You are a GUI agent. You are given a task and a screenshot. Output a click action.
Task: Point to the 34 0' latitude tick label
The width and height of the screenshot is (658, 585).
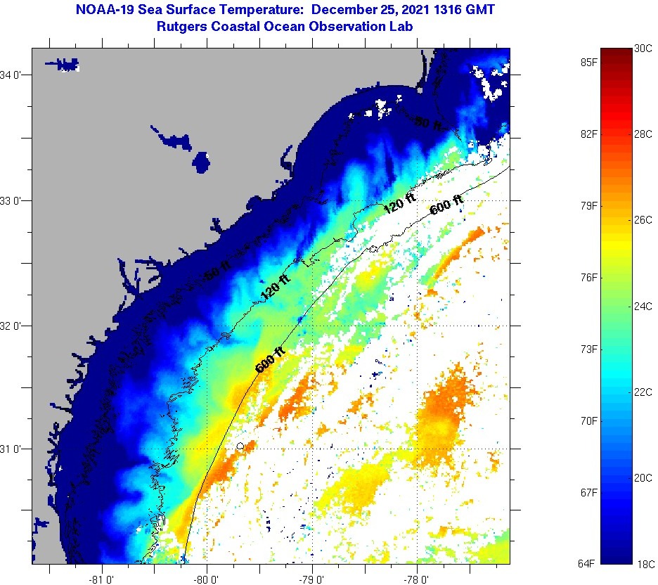pos(13,75)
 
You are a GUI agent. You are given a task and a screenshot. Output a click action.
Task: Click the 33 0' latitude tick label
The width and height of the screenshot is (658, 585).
pos(13,200)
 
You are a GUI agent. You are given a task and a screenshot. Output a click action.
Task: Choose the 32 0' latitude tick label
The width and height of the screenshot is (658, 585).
pos(13,326)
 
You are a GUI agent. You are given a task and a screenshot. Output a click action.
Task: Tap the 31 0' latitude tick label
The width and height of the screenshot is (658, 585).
pos(13,449)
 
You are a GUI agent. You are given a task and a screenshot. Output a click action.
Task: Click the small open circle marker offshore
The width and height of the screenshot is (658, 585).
pos(240,446)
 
